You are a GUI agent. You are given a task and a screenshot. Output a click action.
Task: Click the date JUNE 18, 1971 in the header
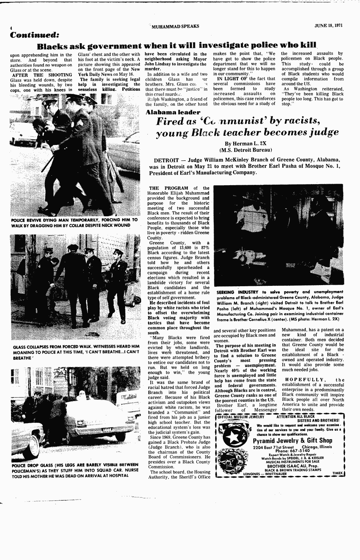click(329, 26)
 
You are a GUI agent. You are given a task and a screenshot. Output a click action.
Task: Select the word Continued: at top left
click(35, 36)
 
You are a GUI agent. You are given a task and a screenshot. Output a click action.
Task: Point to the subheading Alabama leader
click(173, 112)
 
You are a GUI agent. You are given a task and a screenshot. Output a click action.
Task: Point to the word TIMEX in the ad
click(337, 473)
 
